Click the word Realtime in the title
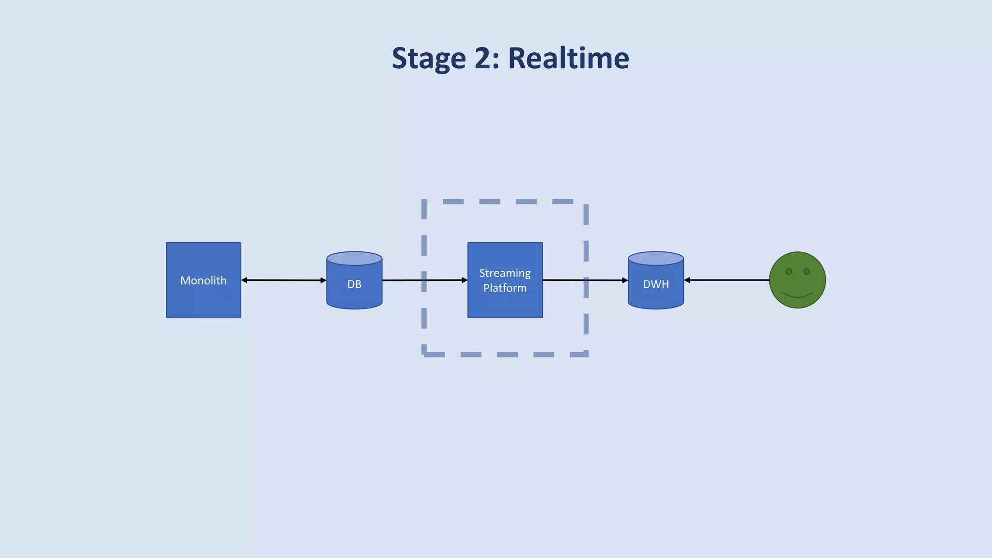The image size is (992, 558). pos(568,58)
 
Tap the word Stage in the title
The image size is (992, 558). pos(429,59)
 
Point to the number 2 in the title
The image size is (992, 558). pos(483,58)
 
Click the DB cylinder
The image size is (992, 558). pos(354,291)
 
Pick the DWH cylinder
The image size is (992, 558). pos(656,293)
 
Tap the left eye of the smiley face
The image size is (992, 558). pos(789,272)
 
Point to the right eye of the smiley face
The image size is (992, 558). pos(806,272)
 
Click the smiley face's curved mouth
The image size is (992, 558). pos(797,295)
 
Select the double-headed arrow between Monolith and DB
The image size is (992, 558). pos(283,280)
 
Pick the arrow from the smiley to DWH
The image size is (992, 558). pos(727,280)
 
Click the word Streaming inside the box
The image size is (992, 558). pos(505,273)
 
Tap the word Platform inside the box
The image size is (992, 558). pos(505,288)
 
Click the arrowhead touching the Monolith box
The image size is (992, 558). pos(244,280)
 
